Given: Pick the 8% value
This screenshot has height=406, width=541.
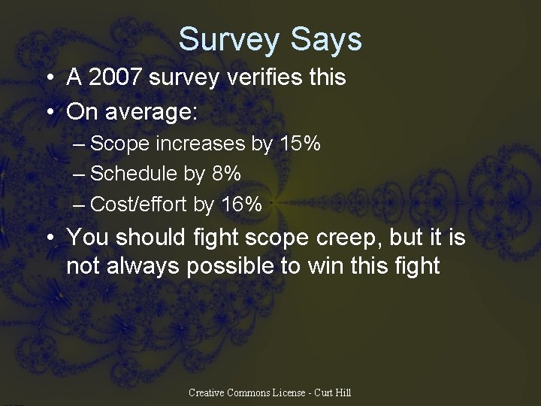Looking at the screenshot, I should [226, 174].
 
